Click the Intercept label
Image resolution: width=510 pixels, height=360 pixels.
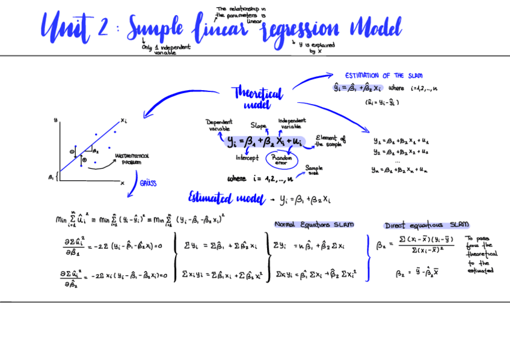coord(247,158)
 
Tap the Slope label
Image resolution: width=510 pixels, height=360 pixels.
coord(259,126)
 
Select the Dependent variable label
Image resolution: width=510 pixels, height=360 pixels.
coord(220,125)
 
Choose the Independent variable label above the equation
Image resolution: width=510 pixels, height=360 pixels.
coord(292,123)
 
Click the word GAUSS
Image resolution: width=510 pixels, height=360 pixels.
coord(148,183)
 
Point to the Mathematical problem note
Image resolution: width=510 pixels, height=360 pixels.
coord(131,159)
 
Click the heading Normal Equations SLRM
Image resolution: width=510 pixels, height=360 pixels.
coord(314,224)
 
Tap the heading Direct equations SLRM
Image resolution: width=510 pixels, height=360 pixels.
coord(426,225)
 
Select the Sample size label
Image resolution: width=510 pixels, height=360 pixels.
coord(313,170)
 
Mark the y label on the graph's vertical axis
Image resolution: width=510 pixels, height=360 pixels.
coord(55,120)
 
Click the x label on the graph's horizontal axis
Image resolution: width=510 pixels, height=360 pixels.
coord(122,183)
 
